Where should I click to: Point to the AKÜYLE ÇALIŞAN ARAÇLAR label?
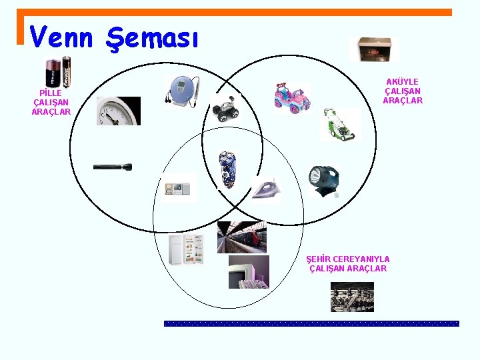(x=403, y=91)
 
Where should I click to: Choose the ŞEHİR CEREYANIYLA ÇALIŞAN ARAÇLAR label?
(x=348, y=263)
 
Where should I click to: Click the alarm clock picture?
(x=118, y=111)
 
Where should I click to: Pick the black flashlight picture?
(x=112, y=167)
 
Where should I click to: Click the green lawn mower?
(x=339, y=125)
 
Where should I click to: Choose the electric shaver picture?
(x=227, y=169)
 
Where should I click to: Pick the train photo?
(x=241, y=237)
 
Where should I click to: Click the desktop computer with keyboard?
(x=248, y=272)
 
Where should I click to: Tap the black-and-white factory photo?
(x=352, y=297)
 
